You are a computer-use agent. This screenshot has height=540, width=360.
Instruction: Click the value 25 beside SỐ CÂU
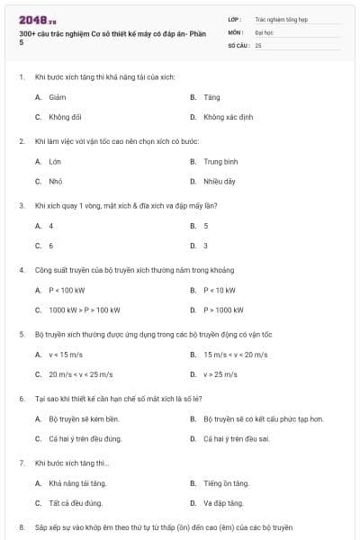[258, 44]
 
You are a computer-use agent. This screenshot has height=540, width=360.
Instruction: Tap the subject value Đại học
[264, 31]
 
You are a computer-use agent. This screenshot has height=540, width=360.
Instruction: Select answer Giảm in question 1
[57, 95]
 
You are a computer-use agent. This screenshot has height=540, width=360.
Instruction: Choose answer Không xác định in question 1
[226, 116]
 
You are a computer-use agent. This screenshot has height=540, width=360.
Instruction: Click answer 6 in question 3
[50, 245]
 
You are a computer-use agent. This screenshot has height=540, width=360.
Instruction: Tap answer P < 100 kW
[67, 290]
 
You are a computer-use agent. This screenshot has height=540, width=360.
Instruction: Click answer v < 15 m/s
[67, 355]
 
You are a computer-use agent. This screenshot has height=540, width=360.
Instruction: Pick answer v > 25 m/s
[220, 374]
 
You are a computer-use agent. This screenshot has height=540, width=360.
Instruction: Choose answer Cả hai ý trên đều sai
[237, 438]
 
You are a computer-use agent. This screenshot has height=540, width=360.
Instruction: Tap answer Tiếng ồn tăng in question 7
[225, 483]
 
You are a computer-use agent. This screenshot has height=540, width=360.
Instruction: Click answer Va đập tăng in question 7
[223, 503]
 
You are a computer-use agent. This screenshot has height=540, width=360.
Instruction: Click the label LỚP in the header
[235, 18]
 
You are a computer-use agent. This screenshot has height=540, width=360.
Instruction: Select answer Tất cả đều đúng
[75, 503]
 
